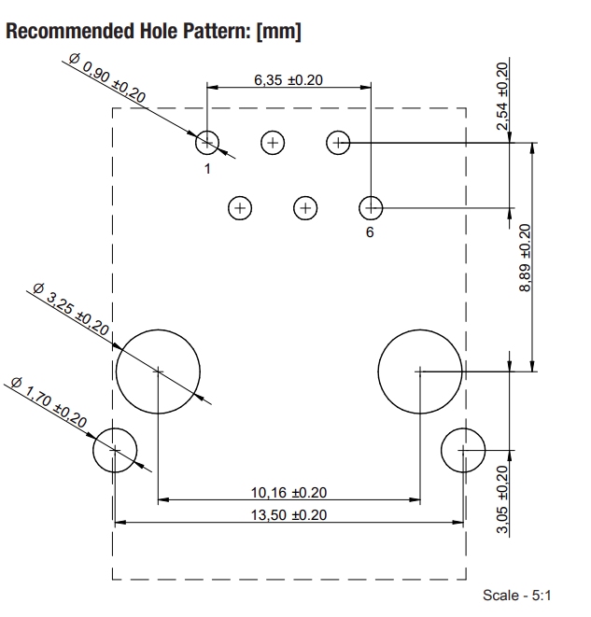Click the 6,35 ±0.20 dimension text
[x=288, y=80]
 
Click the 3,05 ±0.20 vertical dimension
[x=503, y=499]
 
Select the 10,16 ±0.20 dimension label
[x=288, y=493]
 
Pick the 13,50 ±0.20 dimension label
[x=288, y=514]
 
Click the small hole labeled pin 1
[x=207, y=143]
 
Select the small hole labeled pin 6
[x=372, y=206]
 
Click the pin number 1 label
[x=207, y=169]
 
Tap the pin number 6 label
[x=370, y=232]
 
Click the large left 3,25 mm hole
[x=158, y=371]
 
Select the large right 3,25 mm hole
[x=420, y=371]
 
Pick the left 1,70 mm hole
[x=115, y=449]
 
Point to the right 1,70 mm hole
[x=463, y=449]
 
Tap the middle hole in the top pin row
[x=273, y=143]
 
